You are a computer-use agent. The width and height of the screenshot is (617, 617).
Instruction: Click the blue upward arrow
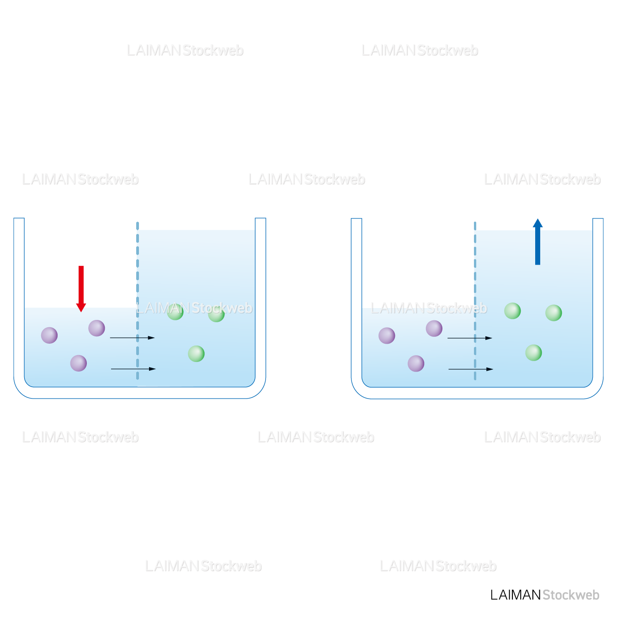pos(537,242)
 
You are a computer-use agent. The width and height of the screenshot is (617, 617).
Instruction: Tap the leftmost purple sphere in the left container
pos(49,335)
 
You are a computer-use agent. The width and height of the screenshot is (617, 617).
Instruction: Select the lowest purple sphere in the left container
pos(79,363)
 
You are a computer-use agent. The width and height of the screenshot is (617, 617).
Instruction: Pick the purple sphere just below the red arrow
pos(96,328)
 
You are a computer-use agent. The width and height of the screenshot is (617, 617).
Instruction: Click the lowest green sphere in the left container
pos(196,353)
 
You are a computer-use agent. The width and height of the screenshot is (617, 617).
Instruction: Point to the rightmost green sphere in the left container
pos(216,314)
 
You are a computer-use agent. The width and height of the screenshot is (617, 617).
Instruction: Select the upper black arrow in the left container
pos(132,338)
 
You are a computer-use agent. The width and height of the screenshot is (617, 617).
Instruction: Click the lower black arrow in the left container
pos(133,369)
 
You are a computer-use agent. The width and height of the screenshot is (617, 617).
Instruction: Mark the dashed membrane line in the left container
pos(138,274)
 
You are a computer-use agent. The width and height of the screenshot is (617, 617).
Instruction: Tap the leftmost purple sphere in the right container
pos(387,336)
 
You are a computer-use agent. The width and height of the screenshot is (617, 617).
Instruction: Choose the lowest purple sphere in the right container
pos(416,364)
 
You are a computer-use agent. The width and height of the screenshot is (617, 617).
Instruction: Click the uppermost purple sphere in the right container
pos(434,328)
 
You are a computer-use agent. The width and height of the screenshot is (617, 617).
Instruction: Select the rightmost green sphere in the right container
pos(553,313)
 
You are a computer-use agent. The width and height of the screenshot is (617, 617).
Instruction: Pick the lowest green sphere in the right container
pos(533,353)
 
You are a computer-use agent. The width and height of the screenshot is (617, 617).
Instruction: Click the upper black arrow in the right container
pos(469,338)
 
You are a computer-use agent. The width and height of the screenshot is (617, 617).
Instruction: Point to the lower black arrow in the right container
pos(470,369)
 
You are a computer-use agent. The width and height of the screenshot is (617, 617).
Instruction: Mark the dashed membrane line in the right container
pos(475,274)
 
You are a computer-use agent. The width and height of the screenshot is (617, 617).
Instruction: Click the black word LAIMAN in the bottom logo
pos(516,595)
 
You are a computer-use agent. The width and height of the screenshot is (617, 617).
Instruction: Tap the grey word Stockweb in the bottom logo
pos(571,595)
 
